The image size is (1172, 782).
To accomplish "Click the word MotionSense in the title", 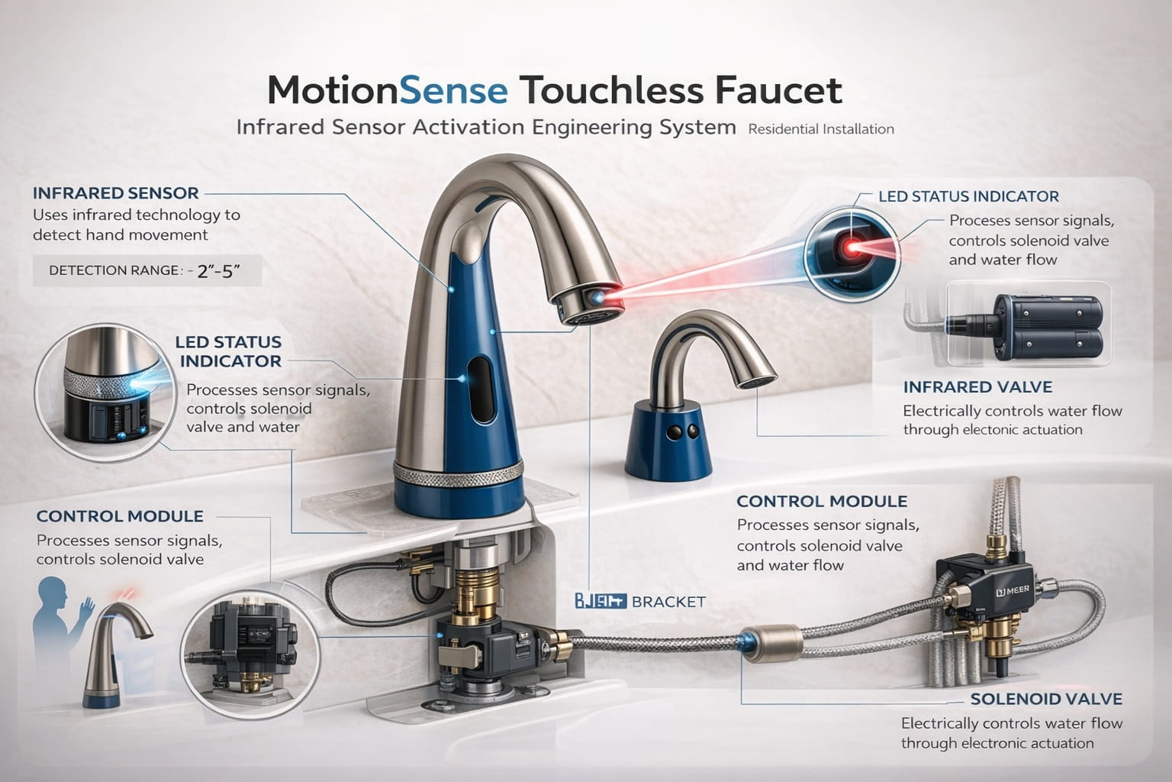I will coord(388,90).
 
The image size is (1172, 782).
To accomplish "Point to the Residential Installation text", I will coord(821,129).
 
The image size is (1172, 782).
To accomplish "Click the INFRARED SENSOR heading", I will coord(115,193).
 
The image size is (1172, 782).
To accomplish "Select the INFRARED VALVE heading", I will coord(977,387).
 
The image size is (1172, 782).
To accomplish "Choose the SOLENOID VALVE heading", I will coord(1045,699).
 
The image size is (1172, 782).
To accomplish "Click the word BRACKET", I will coord(668,602).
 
